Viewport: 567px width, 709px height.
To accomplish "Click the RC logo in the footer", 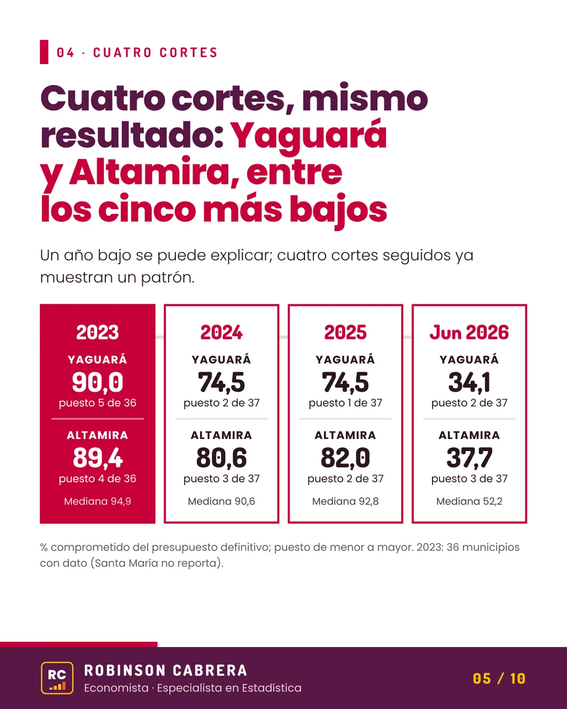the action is point(57,678).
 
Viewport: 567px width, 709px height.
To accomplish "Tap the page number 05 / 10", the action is point(499,679).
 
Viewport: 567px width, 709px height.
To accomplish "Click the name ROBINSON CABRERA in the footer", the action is point(165,671).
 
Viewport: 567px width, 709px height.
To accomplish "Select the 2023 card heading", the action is point(98,332).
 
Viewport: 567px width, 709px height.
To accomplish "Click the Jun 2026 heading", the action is point(469,332).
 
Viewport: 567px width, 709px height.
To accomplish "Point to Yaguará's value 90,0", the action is point(98,382).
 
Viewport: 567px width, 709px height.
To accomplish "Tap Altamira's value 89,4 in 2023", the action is point(98,458).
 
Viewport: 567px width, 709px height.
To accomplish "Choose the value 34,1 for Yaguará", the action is point(469,382).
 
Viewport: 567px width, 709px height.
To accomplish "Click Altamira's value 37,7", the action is point(469,458).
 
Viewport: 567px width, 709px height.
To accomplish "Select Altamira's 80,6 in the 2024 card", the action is point(222,458).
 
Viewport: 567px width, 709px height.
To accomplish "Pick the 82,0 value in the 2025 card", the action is point(345,458).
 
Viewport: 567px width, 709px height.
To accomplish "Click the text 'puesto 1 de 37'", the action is point(345,403).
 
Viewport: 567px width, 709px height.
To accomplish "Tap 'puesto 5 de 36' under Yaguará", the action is point(98,403).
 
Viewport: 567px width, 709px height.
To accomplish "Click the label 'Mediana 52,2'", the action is point(469,501).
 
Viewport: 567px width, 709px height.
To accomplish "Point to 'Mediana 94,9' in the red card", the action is point(98,501).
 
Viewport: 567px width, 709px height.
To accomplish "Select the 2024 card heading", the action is point(222,332).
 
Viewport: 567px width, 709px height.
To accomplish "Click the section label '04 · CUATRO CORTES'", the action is point(137,53).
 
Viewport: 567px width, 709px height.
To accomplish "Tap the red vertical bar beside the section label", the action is point(44,51).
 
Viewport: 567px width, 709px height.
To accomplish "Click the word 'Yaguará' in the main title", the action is point(308,136).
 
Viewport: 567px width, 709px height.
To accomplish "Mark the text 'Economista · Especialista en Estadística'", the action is point(193,688).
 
